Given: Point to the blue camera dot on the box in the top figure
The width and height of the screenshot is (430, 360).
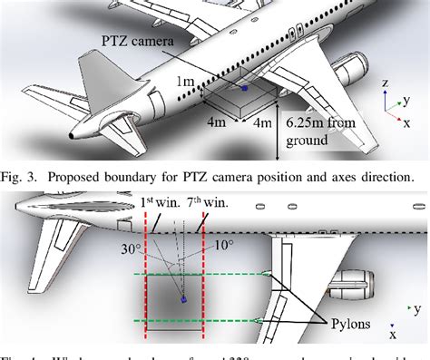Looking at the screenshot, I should (243, 89).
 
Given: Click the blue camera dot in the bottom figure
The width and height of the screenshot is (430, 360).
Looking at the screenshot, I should (183, 298).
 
